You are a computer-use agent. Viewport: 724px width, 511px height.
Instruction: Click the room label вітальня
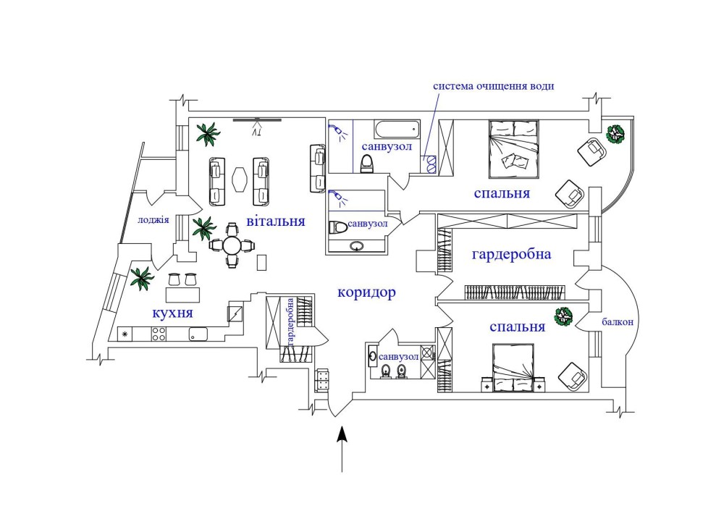[274, 221]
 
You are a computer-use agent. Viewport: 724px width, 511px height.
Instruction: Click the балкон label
[617, 323]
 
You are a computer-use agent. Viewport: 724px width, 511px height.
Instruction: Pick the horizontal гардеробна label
[511, 255]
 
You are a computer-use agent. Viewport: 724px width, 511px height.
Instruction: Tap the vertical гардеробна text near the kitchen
[290, 321]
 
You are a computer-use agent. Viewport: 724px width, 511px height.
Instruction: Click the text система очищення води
[494, 85]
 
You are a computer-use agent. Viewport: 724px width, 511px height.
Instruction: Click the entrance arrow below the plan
[343, 448]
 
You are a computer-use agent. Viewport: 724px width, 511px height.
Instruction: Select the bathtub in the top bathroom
[396, 131]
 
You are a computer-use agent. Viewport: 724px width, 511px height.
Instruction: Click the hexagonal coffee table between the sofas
[240, 178]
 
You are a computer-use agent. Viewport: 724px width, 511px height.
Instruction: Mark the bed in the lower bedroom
[513, 367]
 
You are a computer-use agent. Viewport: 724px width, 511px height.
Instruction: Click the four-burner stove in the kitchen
[159, 334]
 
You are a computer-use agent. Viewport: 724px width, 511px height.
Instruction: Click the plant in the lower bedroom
[563, 316]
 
